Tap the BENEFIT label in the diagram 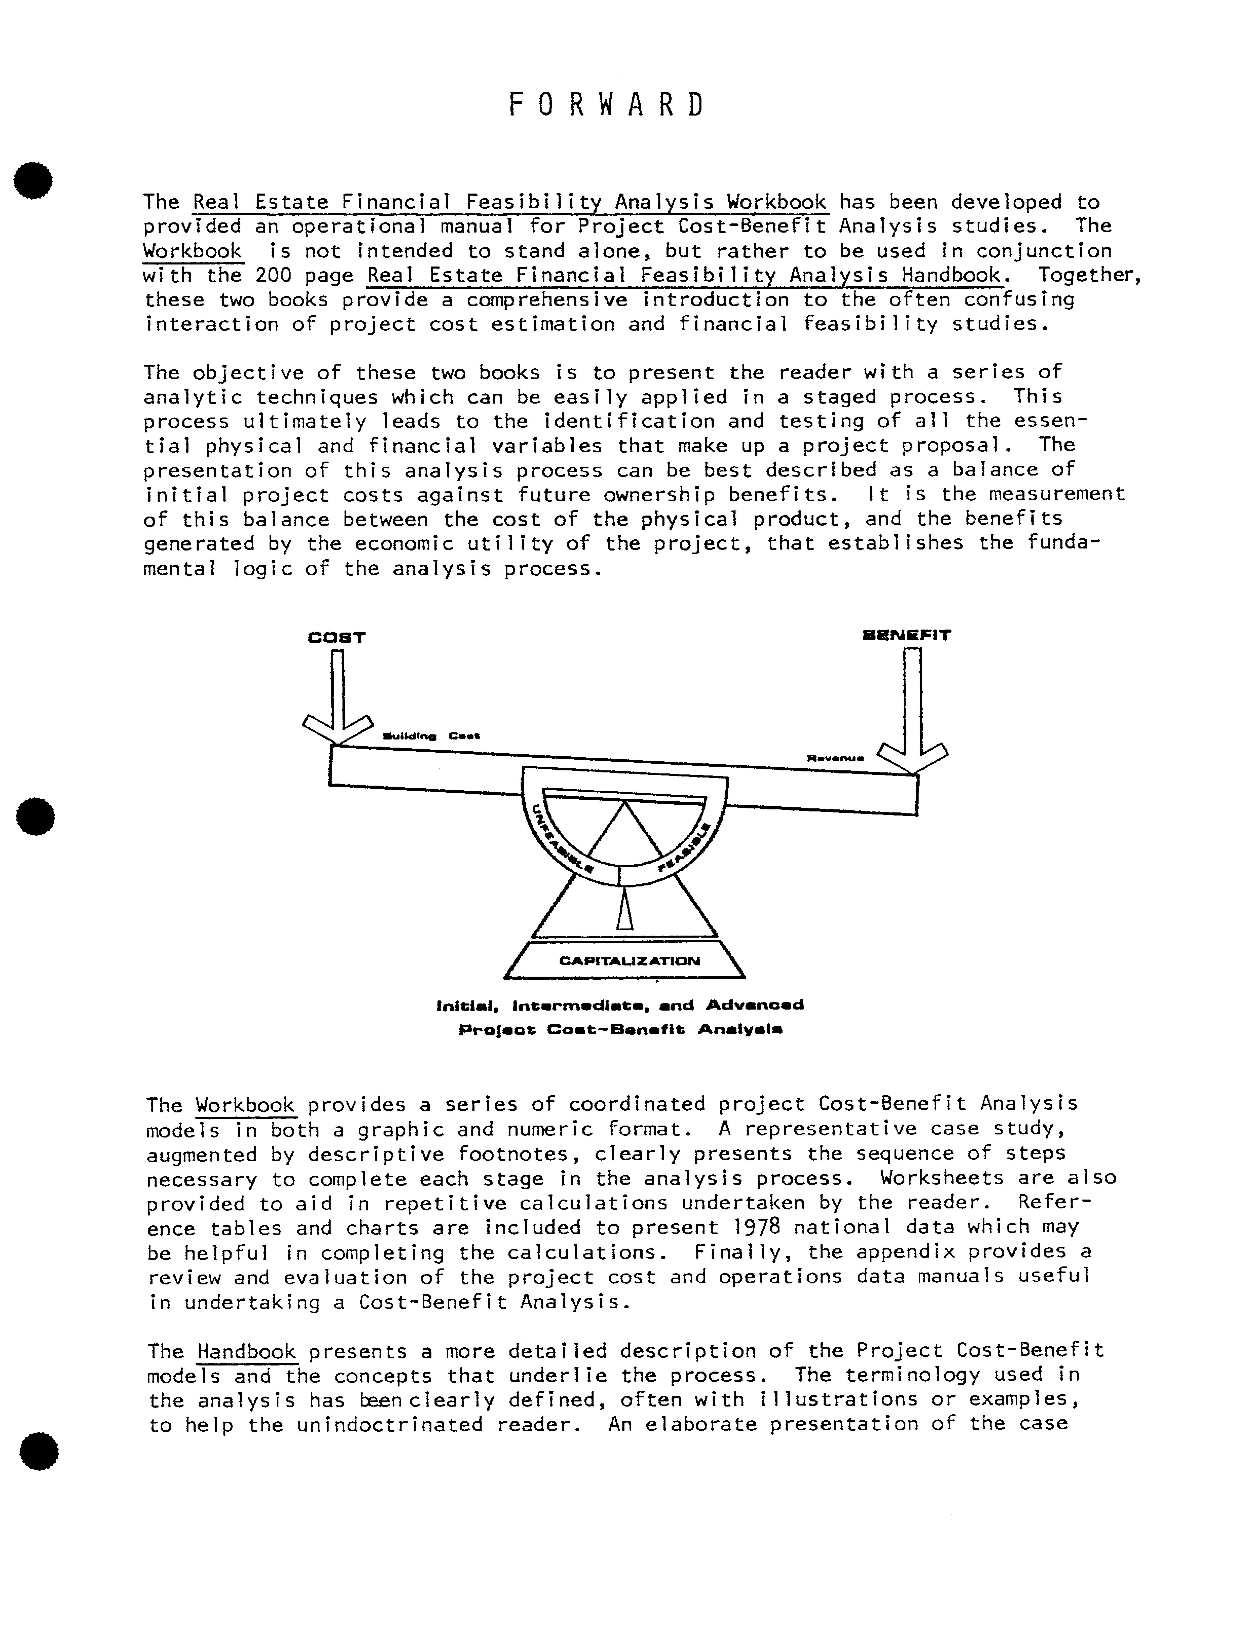pyautogui.click(x=906, y=635)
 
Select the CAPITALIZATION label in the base pyautogui.click(x=629, y=961)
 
